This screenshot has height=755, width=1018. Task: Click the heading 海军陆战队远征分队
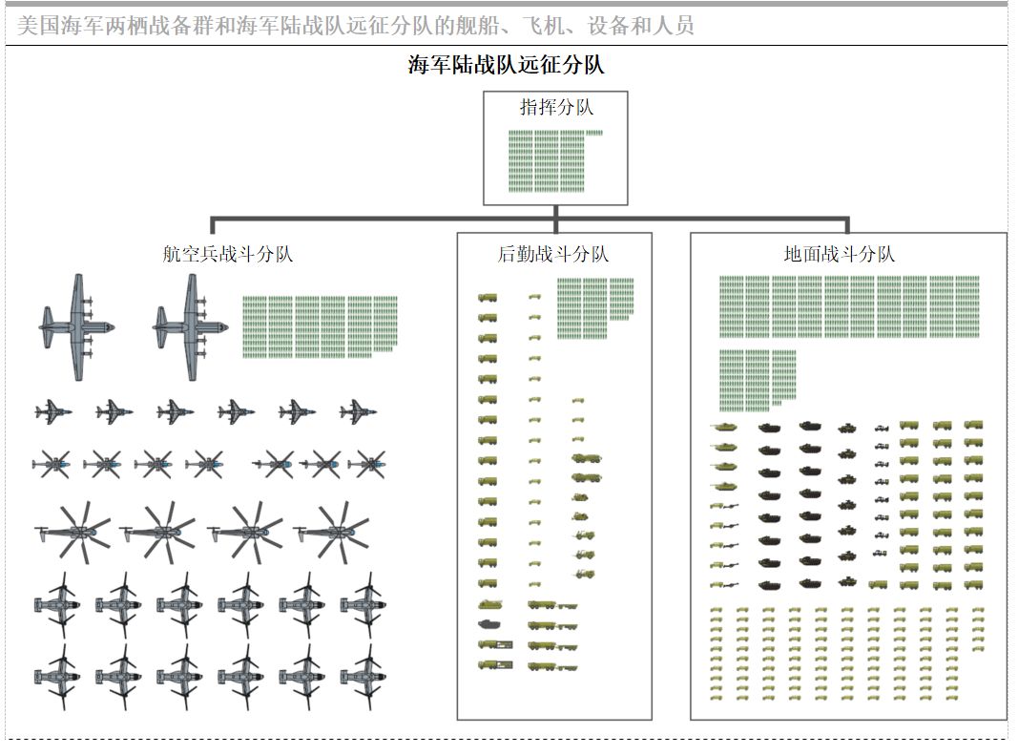pyautogui.click(x=507, y=64)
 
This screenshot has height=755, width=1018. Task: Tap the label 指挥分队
pyautogui.click(x=556, y=107)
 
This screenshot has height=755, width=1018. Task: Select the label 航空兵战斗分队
pyautogui.click(x=227, y=253)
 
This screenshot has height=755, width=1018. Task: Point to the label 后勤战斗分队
pyautogui.click(x=553, y=253)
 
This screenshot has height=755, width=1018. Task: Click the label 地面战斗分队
pyautogui.click(x=840, y=253)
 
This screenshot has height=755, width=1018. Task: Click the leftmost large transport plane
pyautogui.click(x=76, y=326)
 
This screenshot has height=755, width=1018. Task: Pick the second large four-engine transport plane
pyautogui.click(x=190, y=326)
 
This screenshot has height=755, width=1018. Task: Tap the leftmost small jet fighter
pyautogui.click(x=53, y=412)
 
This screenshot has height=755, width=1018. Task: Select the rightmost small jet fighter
pyautogui.click(x=359, y=412)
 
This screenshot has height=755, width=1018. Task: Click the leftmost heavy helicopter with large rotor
pyautogui.click(x=73, y=532)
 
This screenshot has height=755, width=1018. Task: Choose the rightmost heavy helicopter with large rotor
pyautogui.click(x=331, y=532)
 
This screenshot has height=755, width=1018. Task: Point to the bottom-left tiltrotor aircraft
pyautogui.click(x=58, y=677)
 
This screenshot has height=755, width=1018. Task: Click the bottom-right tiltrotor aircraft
pyautogui.click(x=364, y=677)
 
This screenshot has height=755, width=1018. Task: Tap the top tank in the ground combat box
pyautogui.click(x=723, y=428)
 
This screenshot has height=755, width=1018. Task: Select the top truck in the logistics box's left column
pyautogui.click(x=488, y=298)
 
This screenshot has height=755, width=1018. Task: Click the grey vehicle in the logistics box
pyautogui.click(x=488, y=625)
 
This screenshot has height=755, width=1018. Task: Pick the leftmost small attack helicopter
pyautogui.click(x=52, y=465)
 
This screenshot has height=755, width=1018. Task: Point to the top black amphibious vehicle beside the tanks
pyautogui.click(x=769, y=428)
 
